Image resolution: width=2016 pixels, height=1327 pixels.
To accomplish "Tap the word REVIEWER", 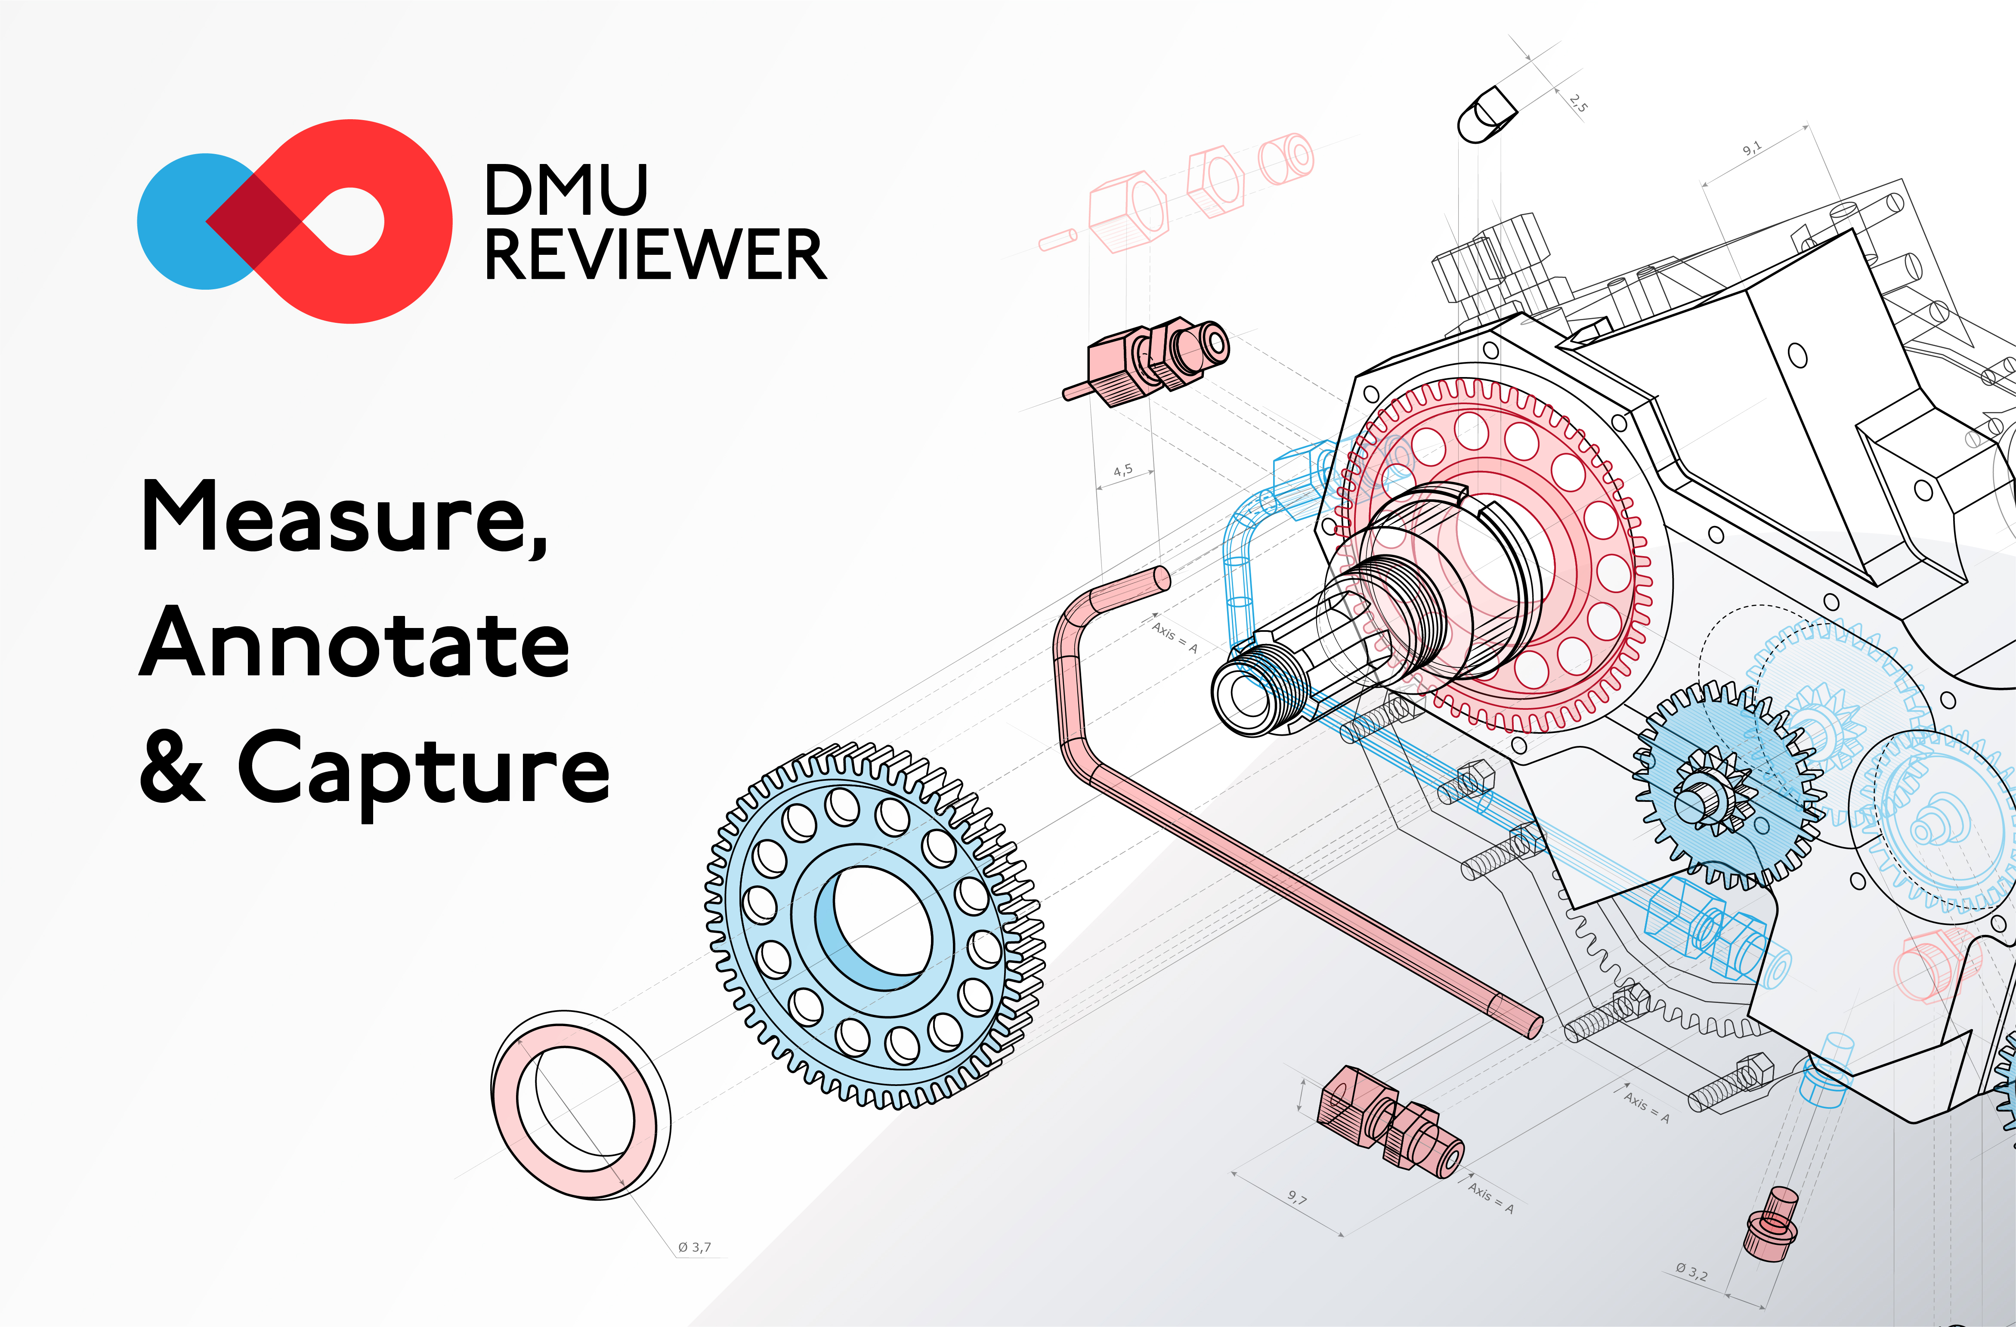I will [655, 254].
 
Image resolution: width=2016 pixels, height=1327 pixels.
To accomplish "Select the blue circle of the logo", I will [182, 222].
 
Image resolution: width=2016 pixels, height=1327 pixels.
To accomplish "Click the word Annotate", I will [354, 643].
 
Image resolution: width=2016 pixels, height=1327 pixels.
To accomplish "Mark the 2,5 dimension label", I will [1577, 103].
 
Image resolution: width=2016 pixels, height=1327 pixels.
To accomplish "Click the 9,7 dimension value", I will [1297, 1197].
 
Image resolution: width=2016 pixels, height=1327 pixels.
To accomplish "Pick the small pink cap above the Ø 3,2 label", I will [1770, 1224].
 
